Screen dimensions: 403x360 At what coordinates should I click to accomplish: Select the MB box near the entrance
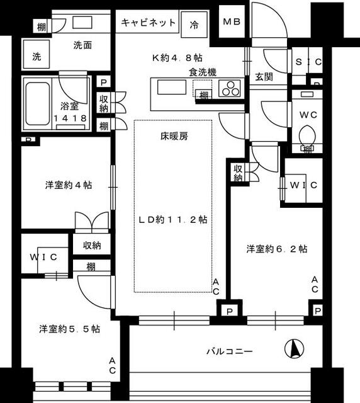tap(231, 22)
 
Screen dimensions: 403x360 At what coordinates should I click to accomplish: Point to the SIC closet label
tap(308, 62)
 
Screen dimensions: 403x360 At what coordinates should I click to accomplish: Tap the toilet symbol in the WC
tap(307, 137)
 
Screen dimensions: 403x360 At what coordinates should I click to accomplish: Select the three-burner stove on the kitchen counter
tap(230, 89)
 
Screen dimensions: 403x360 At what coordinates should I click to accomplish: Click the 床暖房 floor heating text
tap(174, 136)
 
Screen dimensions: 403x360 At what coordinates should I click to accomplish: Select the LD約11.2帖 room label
tap(173, 220)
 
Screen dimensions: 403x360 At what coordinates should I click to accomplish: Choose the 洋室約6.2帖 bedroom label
tap(276, 249)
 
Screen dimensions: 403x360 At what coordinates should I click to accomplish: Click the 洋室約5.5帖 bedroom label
tap(69, 329)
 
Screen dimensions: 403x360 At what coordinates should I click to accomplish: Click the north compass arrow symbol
tap(295, 347)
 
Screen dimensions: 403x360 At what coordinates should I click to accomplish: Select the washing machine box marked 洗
tap(37, 56)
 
